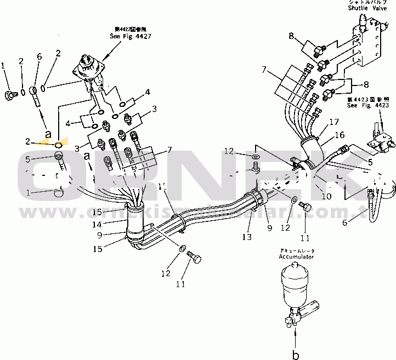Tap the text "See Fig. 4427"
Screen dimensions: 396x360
coord(130,36)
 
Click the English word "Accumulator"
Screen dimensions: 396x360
coord(296,256)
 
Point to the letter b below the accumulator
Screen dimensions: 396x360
coord(296,355)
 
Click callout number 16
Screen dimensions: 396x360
coord(340,134)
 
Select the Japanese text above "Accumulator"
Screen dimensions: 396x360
coord(296,250)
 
